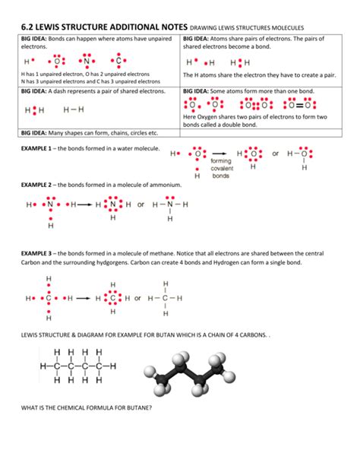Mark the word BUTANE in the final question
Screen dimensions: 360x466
pos(137,408)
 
